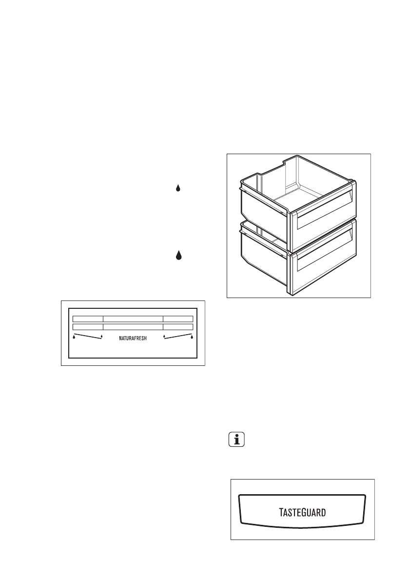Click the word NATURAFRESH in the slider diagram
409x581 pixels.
(x=133, y=338)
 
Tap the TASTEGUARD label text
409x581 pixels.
(x=302, y=513)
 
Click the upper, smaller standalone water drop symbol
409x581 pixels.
(x=178, y=188)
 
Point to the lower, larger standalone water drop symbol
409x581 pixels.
(x=178, y=255)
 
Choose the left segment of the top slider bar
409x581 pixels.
(x=88, y=319)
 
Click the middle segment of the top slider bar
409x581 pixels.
(x=133, y=319)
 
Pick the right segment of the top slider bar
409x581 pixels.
(x=178, y=319)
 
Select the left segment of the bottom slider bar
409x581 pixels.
(x=88, y=326)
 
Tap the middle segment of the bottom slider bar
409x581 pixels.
(x=133, y=326)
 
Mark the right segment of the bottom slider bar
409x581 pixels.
(x=178, y=326)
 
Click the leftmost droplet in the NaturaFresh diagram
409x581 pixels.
(x=74, y=336)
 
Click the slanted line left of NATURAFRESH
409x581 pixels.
(x=88, y=338)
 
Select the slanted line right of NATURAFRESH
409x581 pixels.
(x=178, y=338)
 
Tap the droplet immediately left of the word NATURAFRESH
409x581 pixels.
(x=101, y=336)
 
